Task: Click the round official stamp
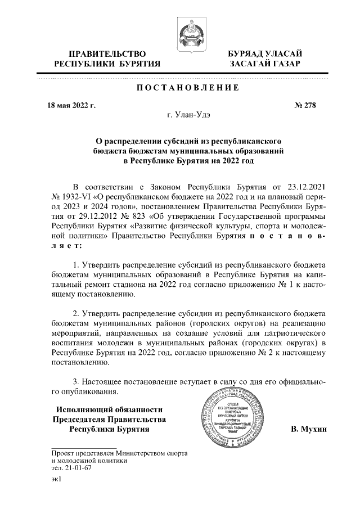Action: pyautogui.click(x=229, y=421)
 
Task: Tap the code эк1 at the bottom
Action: pyautogui.click(x=56, y=480)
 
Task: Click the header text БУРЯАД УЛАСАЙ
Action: pyautogui.click(x=261, y=54)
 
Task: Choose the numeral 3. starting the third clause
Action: pyautogui.click(x=76, y=381)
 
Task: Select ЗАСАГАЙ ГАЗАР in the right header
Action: pyautogui.click(x=261, y=65)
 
